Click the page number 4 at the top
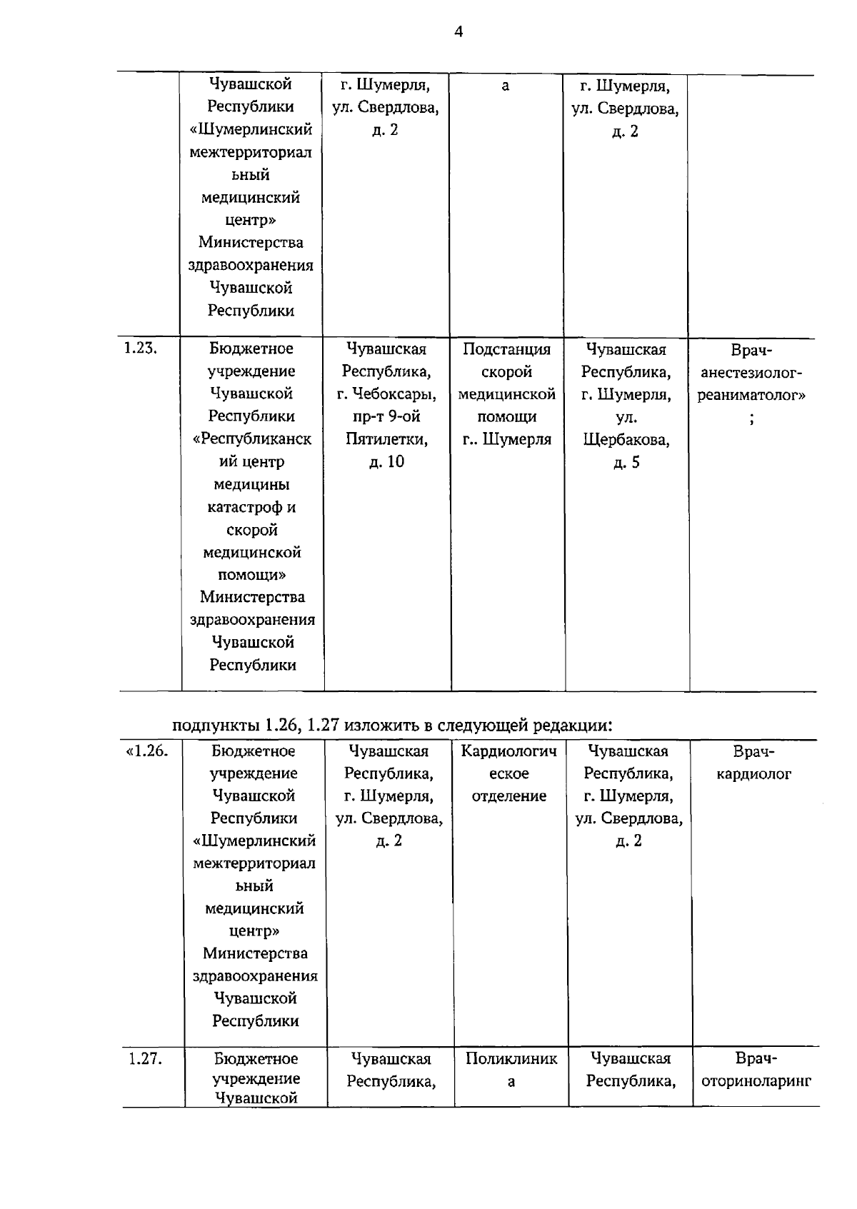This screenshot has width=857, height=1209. tap(458, 31)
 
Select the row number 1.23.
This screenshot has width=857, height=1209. tap(140, 348)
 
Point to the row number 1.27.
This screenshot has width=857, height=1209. tap(145, 1058)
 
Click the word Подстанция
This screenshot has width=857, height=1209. tap(506, 349)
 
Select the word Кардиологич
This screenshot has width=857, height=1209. tap(509, 751)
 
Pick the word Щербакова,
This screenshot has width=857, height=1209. tap(626, 439)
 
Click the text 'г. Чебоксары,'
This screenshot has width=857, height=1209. tap(386, 394)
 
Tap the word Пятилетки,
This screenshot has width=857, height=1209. tap(386, 439)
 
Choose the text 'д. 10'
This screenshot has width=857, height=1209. tap(386, 462)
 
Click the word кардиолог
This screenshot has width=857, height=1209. tap(753, 773)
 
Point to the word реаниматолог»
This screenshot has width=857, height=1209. tap(751, 394)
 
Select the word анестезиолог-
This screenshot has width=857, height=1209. tap(751, 372)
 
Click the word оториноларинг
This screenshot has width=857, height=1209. tap(756, 1081)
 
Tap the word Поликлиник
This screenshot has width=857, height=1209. tap(511, 1058)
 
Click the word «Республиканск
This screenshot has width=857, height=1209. tap(252, 439)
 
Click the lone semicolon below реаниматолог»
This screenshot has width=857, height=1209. tap(751, 418)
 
